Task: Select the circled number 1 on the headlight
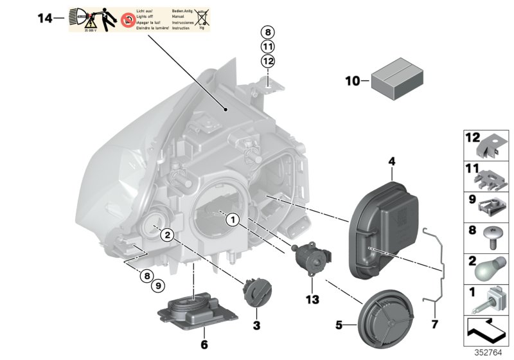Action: coord(232,221)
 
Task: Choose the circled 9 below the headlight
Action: coord(157,285)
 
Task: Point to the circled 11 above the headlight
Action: coord(268,46)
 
